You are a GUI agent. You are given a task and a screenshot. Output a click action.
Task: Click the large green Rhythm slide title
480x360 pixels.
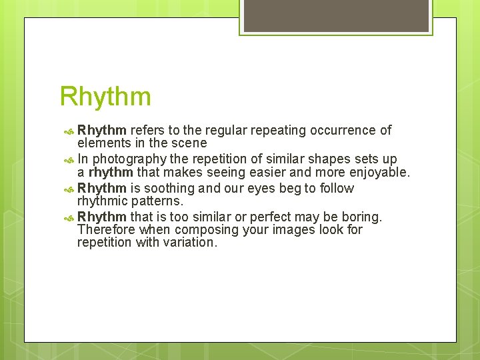pos(105,97)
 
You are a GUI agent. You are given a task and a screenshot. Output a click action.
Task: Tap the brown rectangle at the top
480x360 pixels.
pos(336,15)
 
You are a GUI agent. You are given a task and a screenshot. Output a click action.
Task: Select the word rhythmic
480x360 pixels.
pos(103,201)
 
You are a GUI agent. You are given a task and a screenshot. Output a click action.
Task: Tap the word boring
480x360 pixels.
pos(360,217)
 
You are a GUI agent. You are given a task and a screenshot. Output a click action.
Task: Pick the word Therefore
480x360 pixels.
pos(106,230)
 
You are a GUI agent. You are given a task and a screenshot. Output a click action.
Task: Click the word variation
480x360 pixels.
pos(190,243)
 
